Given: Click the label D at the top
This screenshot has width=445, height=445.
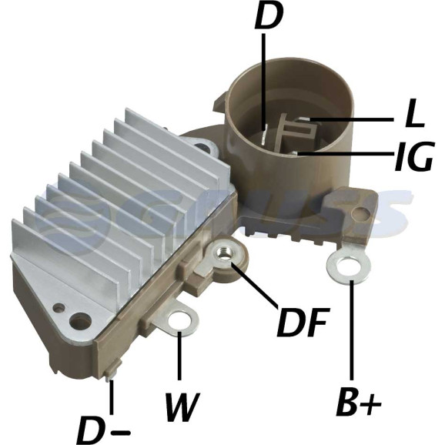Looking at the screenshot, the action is pyautogui.click(x=269, y=16).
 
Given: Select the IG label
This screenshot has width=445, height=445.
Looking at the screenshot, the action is pyautogui.click(x=413, y=156).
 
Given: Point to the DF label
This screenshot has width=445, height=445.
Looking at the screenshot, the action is pyautogui.click(x=303, y=322).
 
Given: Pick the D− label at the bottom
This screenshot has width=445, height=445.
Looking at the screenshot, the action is pyautogui.click(x=103, y=430).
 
